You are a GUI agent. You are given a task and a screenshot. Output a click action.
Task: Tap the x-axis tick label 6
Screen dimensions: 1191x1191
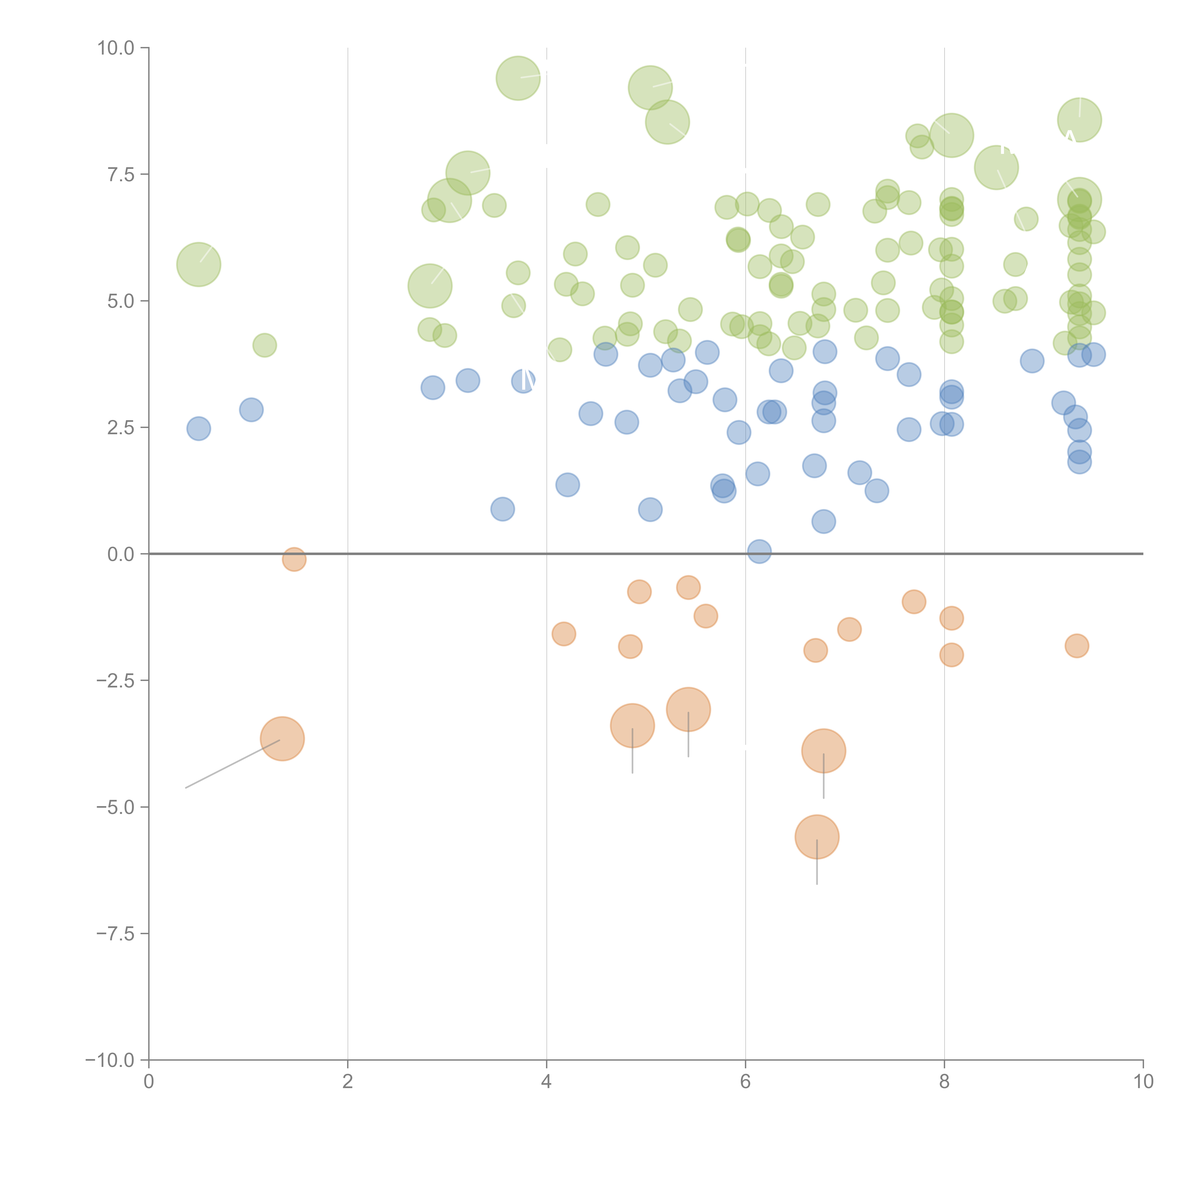(745, 1082)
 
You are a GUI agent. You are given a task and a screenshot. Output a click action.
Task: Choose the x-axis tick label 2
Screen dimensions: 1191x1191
(348, 1082)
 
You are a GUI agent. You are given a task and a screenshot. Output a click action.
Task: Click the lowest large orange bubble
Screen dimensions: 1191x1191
(817, 837)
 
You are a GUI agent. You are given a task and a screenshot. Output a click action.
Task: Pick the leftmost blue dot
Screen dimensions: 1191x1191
(198, 429)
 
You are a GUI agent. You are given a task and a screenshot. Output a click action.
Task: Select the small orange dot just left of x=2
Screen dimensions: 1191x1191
(294, 559)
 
